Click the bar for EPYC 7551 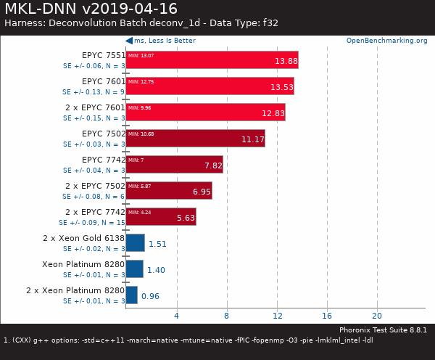point(212,60)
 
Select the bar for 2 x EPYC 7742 point(161,216)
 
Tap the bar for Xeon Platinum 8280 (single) point(134,269)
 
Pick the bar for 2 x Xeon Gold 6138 point(135,242)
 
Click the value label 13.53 point(282,88)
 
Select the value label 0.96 point(150,296)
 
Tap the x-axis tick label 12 point(277,316)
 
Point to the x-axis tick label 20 point(377,316)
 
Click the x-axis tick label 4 point(176,316)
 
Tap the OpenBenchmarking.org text point(386,41)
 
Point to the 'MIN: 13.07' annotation point(141,55)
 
